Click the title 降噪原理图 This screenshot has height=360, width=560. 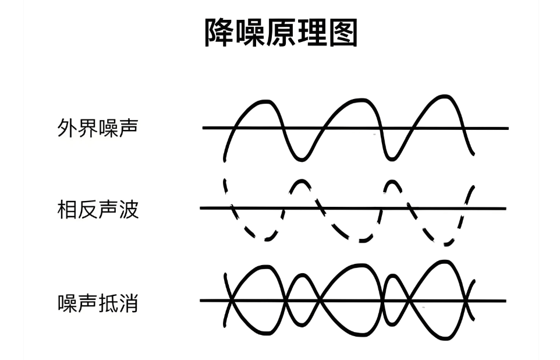[x=281, y=33]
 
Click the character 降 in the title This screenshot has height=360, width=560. [x=219, y=33]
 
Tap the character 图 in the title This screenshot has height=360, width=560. [x=343, y=33]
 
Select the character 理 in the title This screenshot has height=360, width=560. [x=312, y=33]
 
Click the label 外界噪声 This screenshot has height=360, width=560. [x=97, y=128]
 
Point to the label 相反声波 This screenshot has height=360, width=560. [x=97, y=209]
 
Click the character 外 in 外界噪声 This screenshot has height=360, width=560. [x=67, y=128]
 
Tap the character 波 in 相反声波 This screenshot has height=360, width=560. [x=129, y=209]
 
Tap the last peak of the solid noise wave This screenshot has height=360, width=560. [x=444, y=97]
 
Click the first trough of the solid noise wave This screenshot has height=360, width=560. [x=302, y=159]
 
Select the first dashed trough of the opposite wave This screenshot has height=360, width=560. [x=267, y=239]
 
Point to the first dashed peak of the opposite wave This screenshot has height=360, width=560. [x=302, y=181]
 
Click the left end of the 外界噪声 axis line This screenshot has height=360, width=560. [x=203, y=127]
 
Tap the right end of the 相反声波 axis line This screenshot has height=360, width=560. [x=506, y=209]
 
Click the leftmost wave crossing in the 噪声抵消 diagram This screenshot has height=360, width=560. [x=231, y=301]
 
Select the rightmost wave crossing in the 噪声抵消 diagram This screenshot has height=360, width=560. [x=466, y=301]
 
